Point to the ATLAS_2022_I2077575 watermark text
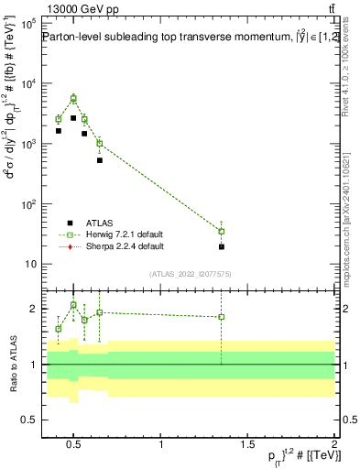191,273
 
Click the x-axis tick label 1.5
248,445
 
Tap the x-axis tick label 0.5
75,445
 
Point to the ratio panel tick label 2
33,309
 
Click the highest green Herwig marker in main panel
73,98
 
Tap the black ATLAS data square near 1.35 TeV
222,246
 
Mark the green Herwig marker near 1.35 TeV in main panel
222,231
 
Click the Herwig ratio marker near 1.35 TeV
222,317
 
